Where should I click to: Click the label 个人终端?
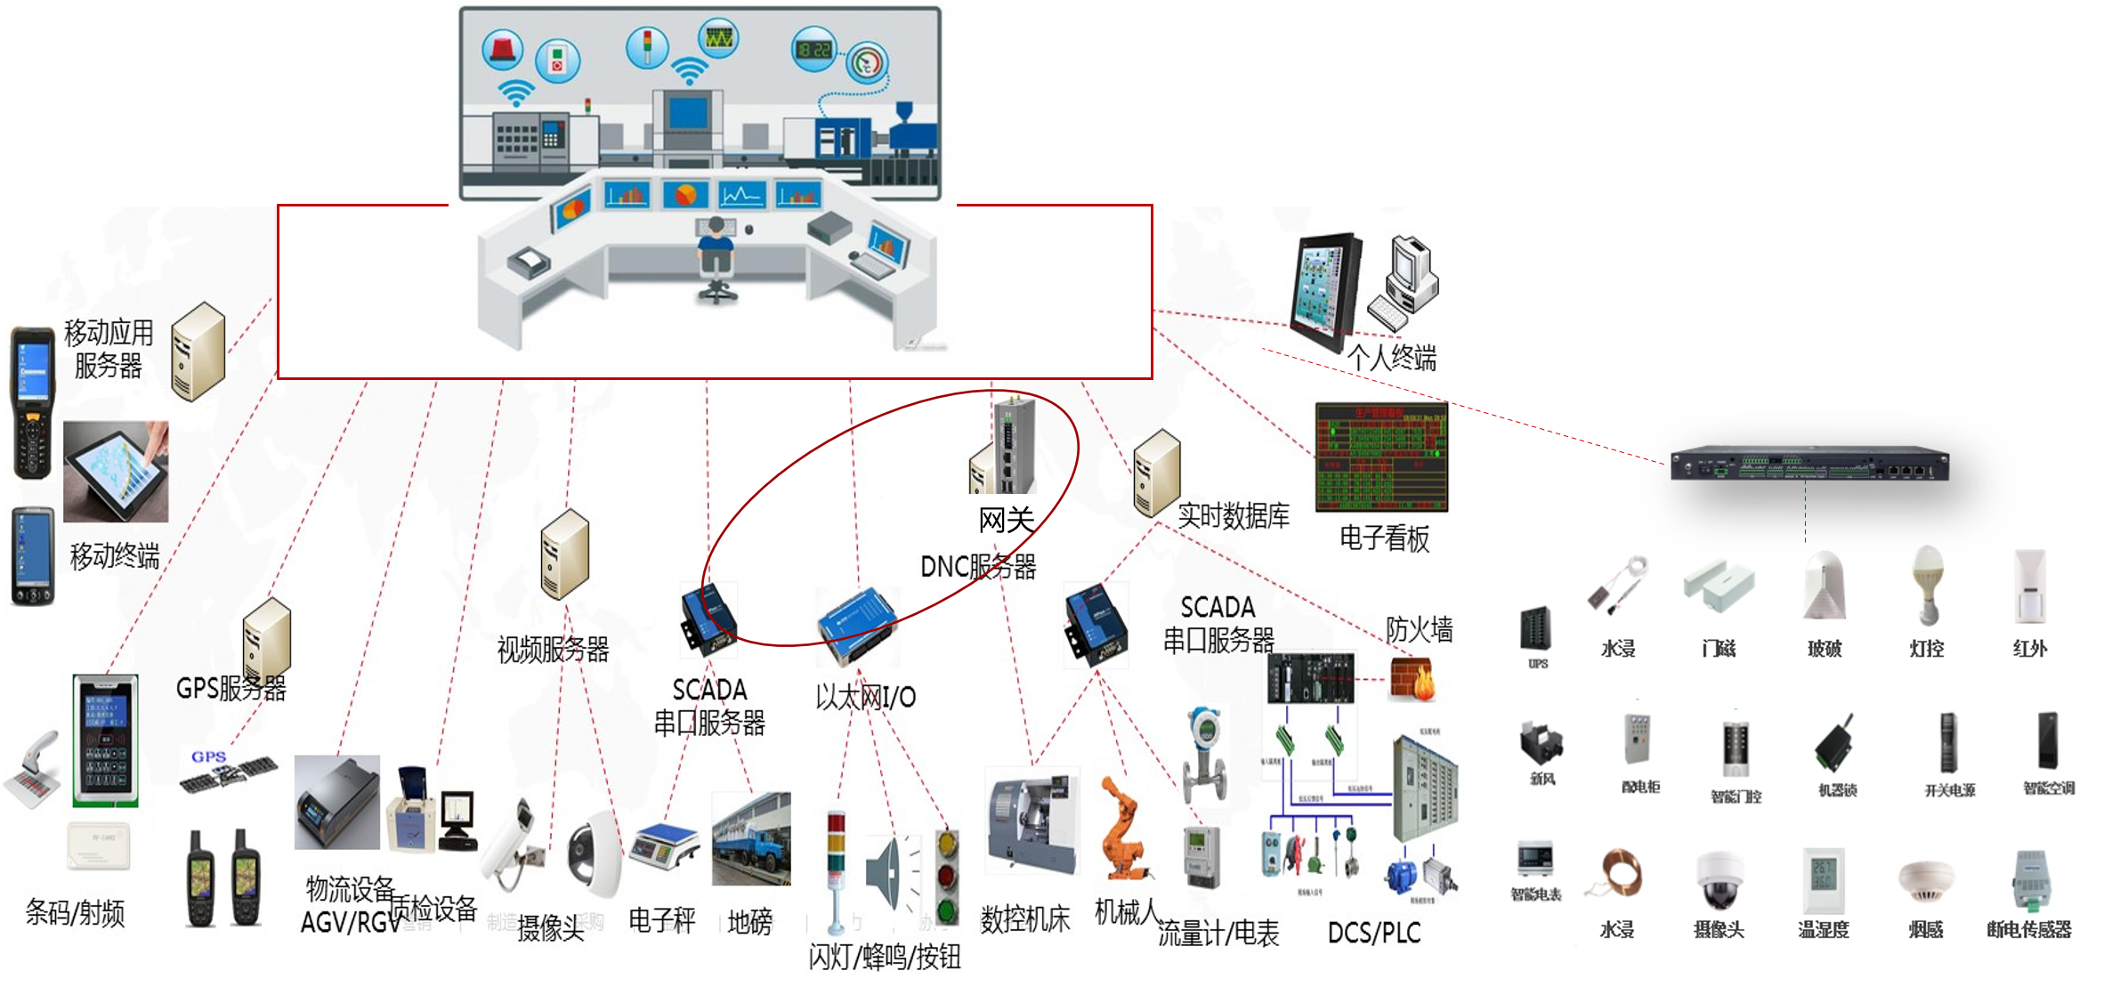(1391, 358)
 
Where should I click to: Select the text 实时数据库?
(1234, 515)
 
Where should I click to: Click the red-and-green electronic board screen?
(1381, 457)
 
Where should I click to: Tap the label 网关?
(1007, 520)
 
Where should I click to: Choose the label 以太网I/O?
(865, 697)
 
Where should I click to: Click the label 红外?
(2029, 649)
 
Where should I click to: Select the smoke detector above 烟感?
(1926, 880)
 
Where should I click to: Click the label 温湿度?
(1823, 930)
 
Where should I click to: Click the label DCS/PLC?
(1374, 933)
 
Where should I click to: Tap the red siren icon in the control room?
(503, 49)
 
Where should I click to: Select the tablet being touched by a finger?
(116, 473)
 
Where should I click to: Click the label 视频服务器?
(553, 650)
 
